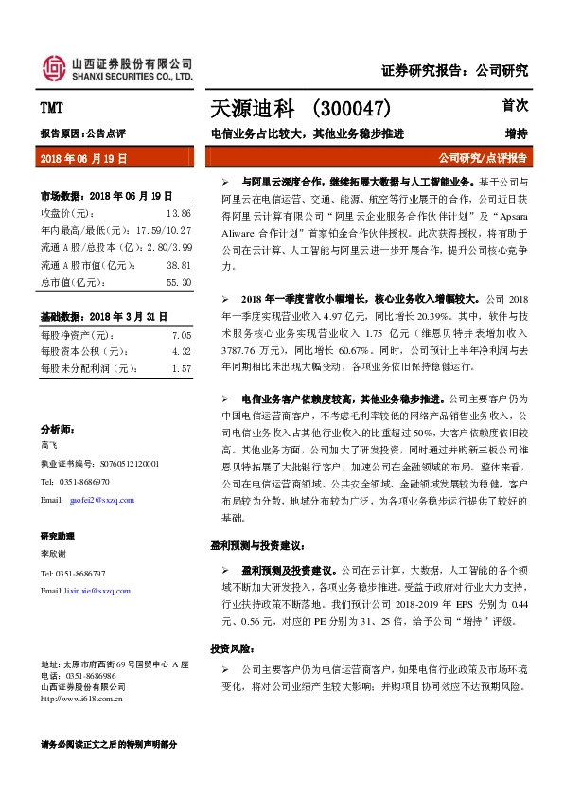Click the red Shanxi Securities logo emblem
(x=55, y=66)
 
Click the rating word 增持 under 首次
(x=516, y=133)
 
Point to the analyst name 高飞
(x=49, y=444)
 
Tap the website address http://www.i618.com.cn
(x=83, y=700)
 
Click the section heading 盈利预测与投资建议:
(x=256, y=546)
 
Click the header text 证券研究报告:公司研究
(x=454, y=70)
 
